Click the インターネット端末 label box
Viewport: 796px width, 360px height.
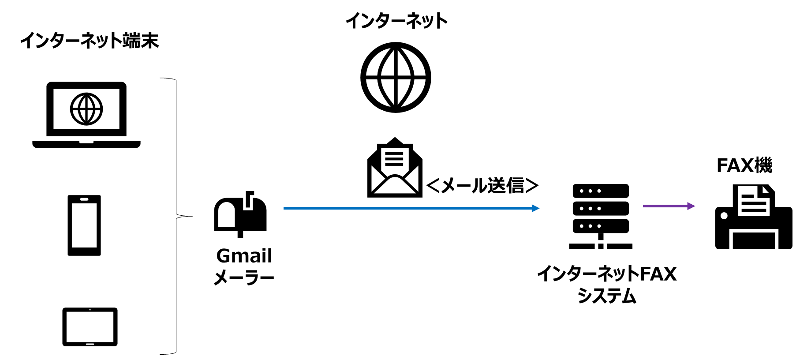pos(90,40)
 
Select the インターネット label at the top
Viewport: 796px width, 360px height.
pos(396,20)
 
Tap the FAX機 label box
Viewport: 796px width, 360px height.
pos(744,165)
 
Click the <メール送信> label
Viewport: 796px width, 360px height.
pos(483,185)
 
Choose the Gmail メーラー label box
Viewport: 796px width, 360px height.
pos(244,266)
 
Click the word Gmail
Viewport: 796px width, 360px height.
pos(244,256)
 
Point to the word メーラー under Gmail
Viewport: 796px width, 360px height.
pos(244,277)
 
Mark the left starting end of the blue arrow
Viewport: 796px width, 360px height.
pos(285,208)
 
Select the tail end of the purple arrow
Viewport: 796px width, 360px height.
pos(644,206)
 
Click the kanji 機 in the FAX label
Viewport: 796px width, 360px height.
pos(763,165)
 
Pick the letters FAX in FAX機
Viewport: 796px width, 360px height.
pos(735,165)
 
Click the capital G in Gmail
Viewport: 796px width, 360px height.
pos(224,256)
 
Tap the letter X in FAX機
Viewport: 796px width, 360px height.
pos(747,165)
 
